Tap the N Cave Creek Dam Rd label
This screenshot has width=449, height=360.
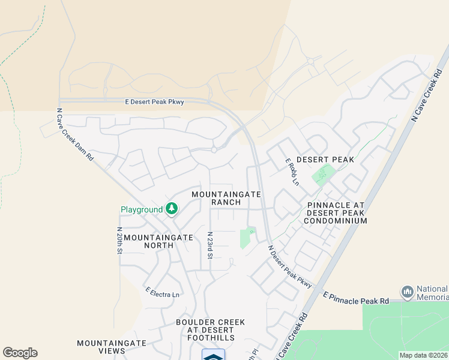pos(75,134)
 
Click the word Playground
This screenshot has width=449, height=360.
pos(142,210)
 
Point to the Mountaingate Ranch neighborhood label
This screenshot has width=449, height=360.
pos(226,198)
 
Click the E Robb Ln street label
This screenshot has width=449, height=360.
pos(292,172)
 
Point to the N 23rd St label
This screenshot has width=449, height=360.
pos(210,245)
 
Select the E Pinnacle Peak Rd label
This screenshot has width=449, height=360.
pos(356,298)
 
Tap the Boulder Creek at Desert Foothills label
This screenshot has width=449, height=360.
pos(210,326)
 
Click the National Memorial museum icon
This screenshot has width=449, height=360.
pos(408,292)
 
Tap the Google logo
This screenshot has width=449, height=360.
pos(20,353)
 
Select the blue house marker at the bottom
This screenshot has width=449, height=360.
pos(213,355)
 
